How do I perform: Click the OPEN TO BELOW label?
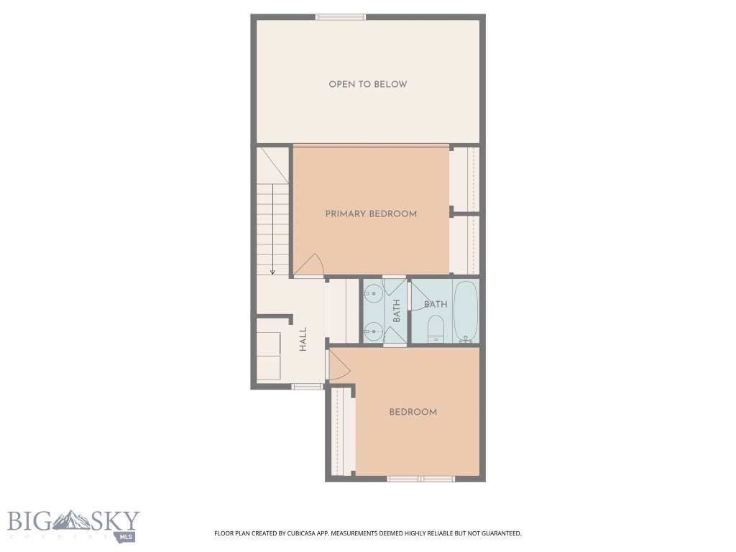[367, 84]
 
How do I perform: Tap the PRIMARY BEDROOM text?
[371, 213]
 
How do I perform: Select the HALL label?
[303, 339]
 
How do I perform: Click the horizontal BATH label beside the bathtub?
[436, 304]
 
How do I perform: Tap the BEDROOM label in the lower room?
[413, 412]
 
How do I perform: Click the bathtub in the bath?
[466, 312]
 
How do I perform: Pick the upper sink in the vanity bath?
[373, 293]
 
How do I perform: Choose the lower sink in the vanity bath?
[373, 331]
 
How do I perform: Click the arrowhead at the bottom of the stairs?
[273, 272]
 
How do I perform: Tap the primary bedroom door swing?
[310, 267]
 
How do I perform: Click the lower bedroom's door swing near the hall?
[339, 364]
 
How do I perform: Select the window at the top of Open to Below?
[341, 17]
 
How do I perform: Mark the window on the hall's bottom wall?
[307, 387]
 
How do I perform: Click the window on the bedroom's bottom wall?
[420, 478]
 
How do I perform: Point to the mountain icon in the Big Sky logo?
[73, 520]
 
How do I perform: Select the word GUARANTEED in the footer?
[497, 533]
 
